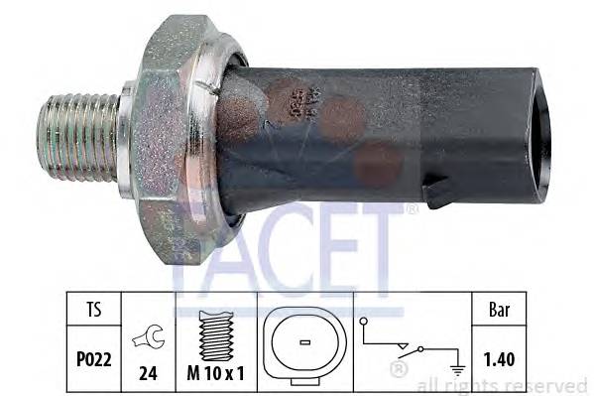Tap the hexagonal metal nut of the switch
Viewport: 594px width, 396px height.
(178, 129)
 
